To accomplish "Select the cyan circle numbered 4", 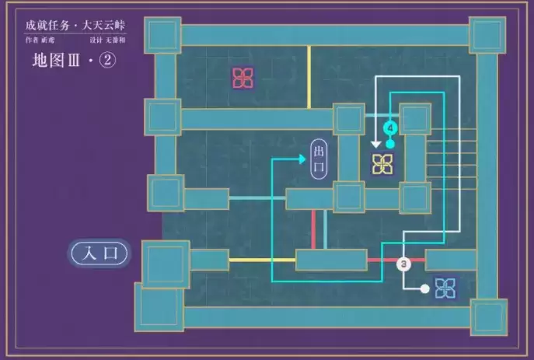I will pos(390,127).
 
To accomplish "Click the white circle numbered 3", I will pos(403,264).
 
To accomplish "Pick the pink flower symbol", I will pos(243,77).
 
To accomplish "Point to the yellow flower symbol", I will pos(382,164).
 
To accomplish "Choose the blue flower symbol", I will pos(445,288).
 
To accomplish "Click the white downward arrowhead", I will pos(376,143).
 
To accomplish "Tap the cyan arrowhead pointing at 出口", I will pos(302,159).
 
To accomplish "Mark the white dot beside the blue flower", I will pos(424,289).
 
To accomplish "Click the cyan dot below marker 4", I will pos(390,144).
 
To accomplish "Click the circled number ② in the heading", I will pos(106,61).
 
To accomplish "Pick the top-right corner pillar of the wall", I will pos(487,35).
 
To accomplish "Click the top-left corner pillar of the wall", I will pos(163,35).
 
